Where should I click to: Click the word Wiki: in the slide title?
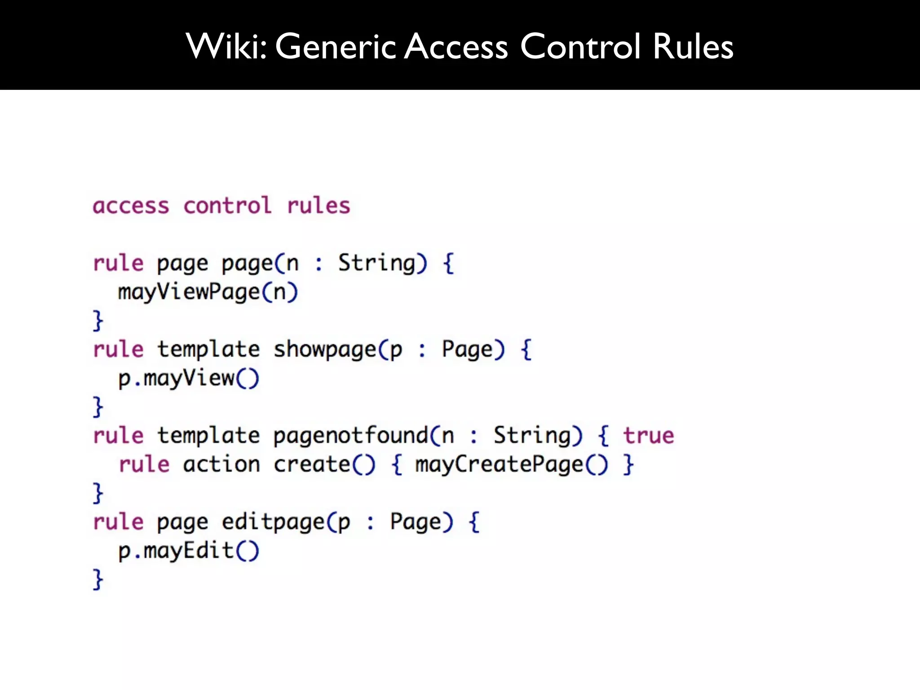(x=226, y=46)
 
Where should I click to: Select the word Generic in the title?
(x=335, y=46)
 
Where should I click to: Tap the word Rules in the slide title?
(x=693, y=46)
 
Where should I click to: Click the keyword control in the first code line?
(x=227, y=206)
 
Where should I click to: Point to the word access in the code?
(x=131, y=206)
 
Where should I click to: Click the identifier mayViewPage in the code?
(x=189, y=292)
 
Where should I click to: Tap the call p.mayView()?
(x=189, y=378)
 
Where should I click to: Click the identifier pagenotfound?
(x=350, y=436)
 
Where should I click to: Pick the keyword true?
(x=648, y=436)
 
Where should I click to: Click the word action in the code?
(x=221, y=464)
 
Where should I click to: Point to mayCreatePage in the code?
(x=499, y=464)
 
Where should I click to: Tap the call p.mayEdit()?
(x=189, y=551)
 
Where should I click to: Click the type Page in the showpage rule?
(x=467, y=349)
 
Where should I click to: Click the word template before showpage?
(x=208, y=349)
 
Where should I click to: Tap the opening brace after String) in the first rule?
(x=448, y=263)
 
